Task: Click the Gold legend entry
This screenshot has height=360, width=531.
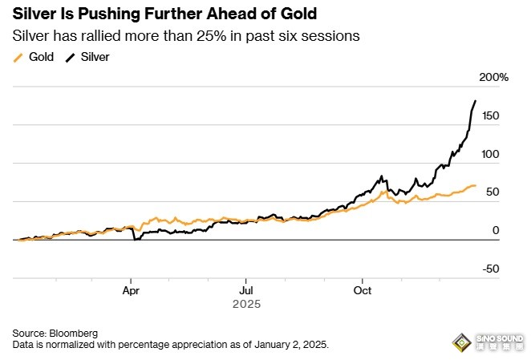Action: [36, 57]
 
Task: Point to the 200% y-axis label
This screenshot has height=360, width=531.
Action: [494, 77]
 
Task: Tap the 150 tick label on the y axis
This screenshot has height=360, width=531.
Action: [490, 116]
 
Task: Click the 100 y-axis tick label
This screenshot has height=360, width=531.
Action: [490, 154]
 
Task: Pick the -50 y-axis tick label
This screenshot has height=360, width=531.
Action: [490, 269]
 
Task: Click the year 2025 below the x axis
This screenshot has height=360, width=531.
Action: [246, 305]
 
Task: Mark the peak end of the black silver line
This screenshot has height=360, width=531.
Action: [476, 101]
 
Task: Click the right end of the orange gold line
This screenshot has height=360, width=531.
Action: [476, 185]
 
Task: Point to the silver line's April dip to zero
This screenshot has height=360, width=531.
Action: [136, 239]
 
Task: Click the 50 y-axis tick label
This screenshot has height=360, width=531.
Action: [493, 192]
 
